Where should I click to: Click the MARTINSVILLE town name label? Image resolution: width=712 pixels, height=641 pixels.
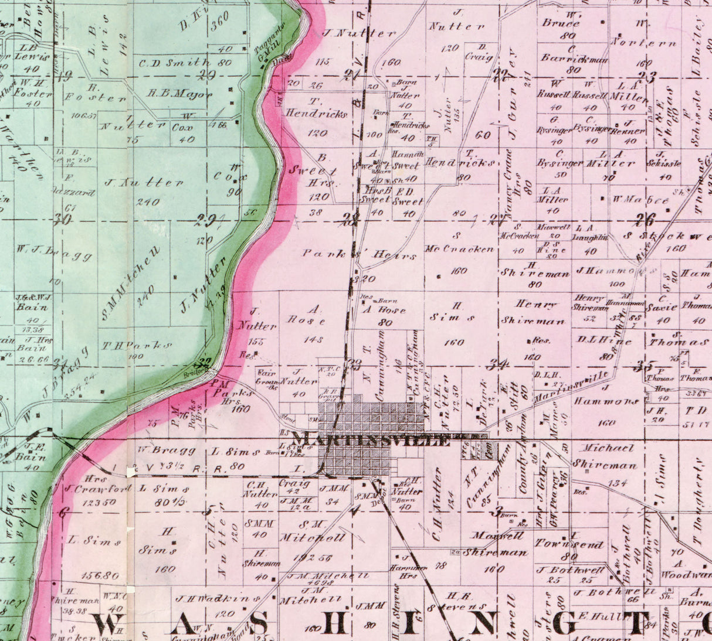371,439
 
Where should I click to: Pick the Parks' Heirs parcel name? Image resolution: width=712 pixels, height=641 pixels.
360,255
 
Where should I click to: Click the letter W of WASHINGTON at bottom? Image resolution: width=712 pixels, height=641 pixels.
109,623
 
